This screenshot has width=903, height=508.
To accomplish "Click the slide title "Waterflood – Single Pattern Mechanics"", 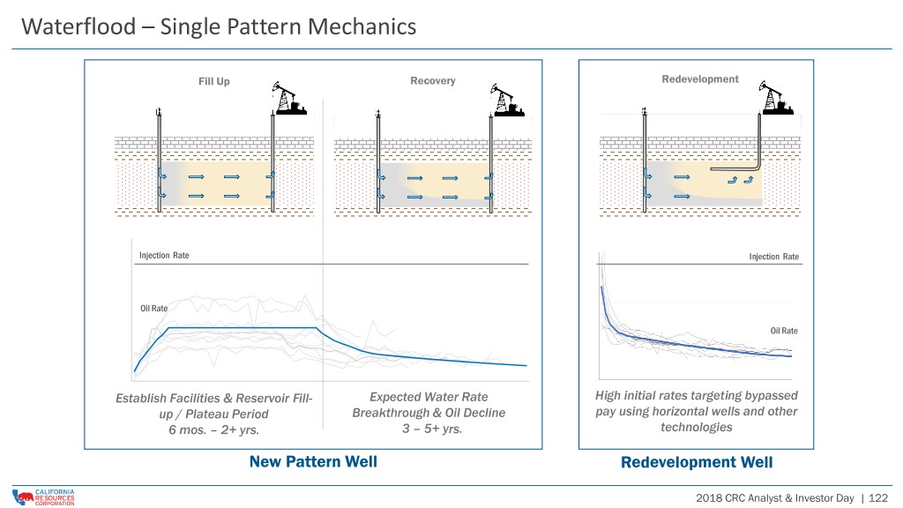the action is (x=219, y=27).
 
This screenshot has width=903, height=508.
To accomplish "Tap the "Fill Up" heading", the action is (x=214, y=81).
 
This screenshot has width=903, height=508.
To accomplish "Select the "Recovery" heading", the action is (x=432, y=80).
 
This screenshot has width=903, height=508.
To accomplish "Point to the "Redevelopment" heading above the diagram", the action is (x=699, y=78).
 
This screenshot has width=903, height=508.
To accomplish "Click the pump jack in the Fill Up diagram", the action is (x=288, y=99).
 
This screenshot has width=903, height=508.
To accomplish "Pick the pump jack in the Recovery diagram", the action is (x=507, y=100).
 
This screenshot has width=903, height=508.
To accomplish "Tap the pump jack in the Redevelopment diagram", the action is (x=776, y=97).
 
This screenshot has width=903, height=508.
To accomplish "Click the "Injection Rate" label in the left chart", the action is (x=164, y=255).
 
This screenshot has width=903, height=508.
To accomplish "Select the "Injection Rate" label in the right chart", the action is (x=774, y=257).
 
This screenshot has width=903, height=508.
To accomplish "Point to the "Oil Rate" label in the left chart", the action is (x=153, y=308).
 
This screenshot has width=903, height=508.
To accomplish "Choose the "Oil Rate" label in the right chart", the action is (x=784, y=331).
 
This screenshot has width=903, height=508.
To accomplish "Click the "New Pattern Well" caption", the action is (x=313, y=462).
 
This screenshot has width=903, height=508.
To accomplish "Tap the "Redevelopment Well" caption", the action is (x=697, y=462).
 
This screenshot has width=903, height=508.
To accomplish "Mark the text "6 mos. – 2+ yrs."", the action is (x=213, y=430).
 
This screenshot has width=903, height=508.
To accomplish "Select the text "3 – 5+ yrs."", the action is (x=432, y=429).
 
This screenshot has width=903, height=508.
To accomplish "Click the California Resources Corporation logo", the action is (x=43, y=497).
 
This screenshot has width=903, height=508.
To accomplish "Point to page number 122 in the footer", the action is (x=878, y=498).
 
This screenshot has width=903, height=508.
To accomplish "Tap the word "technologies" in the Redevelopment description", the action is (x=697, y=428).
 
